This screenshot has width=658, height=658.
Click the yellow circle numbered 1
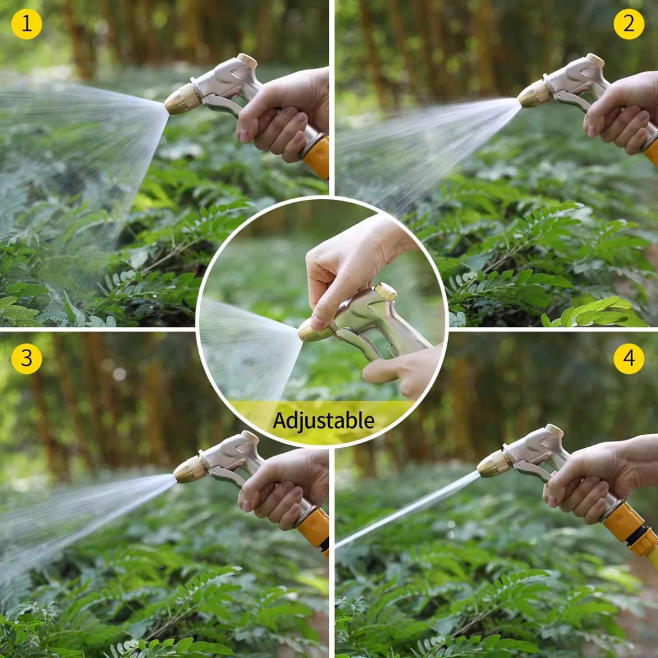pos(26,24)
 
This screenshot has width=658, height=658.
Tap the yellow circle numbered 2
pos(628,24)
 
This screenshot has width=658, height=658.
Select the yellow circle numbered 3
pos(26,359)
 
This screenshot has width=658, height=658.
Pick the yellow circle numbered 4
pos(628,359)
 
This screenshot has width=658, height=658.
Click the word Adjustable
pos(324,420)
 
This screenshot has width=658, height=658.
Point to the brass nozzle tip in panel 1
pos(182,100)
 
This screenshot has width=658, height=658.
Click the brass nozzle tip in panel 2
pos(534,94)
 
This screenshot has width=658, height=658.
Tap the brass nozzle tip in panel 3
pos(191,469)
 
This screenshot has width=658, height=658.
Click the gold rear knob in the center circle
pos(386,291)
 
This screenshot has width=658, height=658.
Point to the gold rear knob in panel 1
pos(247,60)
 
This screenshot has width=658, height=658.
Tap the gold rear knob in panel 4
pos(555,431)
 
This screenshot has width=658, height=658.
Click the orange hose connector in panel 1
pos(316,156)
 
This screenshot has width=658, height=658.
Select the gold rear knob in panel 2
pos(595,60)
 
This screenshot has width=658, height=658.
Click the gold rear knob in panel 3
pos(250,437)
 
